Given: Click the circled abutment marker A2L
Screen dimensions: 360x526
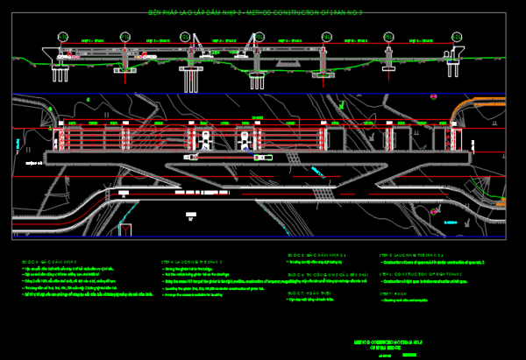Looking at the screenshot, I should coord(454,35).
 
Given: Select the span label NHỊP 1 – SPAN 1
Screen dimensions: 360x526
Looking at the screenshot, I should coord(93,41).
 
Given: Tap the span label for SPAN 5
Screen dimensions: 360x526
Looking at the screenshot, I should coord(356,41).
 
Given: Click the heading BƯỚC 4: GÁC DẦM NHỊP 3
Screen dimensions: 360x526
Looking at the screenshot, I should coord(48,261).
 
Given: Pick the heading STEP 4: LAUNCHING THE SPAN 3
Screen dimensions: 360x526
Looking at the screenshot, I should coord(188,261).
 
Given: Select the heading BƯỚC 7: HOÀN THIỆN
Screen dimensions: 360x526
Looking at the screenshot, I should coord(308,293).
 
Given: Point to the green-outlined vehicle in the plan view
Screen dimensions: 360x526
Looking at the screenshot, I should coord(262,158).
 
